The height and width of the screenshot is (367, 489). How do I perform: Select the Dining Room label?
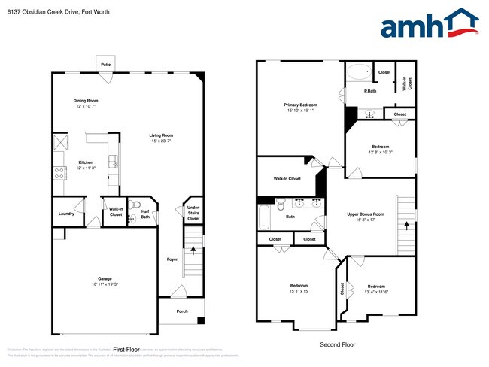click(86, 103)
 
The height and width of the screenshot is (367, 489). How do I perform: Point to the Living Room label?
click(161, 138)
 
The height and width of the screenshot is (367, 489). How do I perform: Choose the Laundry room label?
click(66, 214)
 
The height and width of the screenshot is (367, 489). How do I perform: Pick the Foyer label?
click(172, 259)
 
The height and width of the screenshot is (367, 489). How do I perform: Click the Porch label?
click(181, 311)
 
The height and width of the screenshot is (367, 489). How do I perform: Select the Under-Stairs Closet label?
click(193, 213)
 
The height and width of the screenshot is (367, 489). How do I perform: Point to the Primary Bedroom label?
click(300, 107)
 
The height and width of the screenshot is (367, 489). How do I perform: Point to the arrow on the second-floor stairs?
click(407, 223)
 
